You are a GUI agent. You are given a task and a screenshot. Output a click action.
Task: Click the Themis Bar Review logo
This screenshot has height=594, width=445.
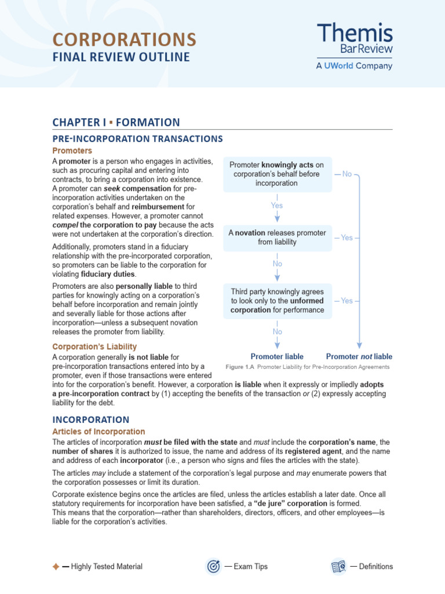pos(355,46)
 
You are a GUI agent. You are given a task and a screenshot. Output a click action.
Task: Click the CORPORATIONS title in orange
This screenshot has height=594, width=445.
pos(124,39)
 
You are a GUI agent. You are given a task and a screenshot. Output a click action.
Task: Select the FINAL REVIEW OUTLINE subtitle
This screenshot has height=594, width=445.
pos(121,57)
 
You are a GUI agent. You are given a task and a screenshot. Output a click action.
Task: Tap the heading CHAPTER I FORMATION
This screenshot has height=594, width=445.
pos(116,122)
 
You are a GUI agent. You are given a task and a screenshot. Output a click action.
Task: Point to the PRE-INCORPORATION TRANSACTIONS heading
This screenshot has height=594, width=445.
pos(137,139)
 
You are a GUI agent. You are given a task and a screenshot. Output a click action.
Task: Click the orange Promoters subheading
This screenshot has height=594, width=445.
pos(72,151)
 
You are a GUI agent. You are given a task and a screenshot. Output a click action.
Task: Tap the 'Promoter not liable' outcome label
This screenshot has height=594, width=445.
pos(359,356)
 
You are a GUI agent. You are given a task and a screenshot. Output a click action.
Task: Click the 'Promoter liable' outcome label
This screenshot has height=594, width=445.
pos(277,356)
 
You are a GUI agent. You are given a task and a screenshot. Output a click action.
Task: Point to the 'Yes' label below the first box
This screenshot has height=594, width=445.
pos(277,205)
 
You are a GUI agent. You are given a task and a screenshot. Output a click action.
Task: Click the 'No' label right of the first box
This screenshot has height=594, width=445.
pos(346,174)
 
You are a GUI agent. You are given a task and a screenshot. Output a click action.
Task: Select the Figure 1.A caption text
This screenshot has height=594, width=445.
pos(307,367)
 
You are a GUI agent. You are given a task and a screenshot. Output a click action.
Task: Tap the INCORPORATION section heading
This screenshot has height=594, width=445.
pos(91,419)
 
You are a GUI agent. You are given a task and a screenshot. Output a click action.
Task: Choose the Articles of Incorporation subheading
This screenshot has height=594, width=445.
pos(99,432)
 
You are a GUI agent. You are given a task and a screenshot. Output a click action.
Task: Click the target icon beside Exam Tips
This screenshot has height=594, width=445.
pos(213,566)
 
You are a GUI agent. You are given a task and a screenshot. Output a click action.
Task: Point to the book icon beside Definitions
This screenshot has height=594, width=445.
pos(338,566)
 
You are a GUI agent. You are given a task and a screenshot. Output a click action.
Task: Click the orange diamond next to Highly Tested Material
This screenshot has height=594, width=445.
pos(55,567)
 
